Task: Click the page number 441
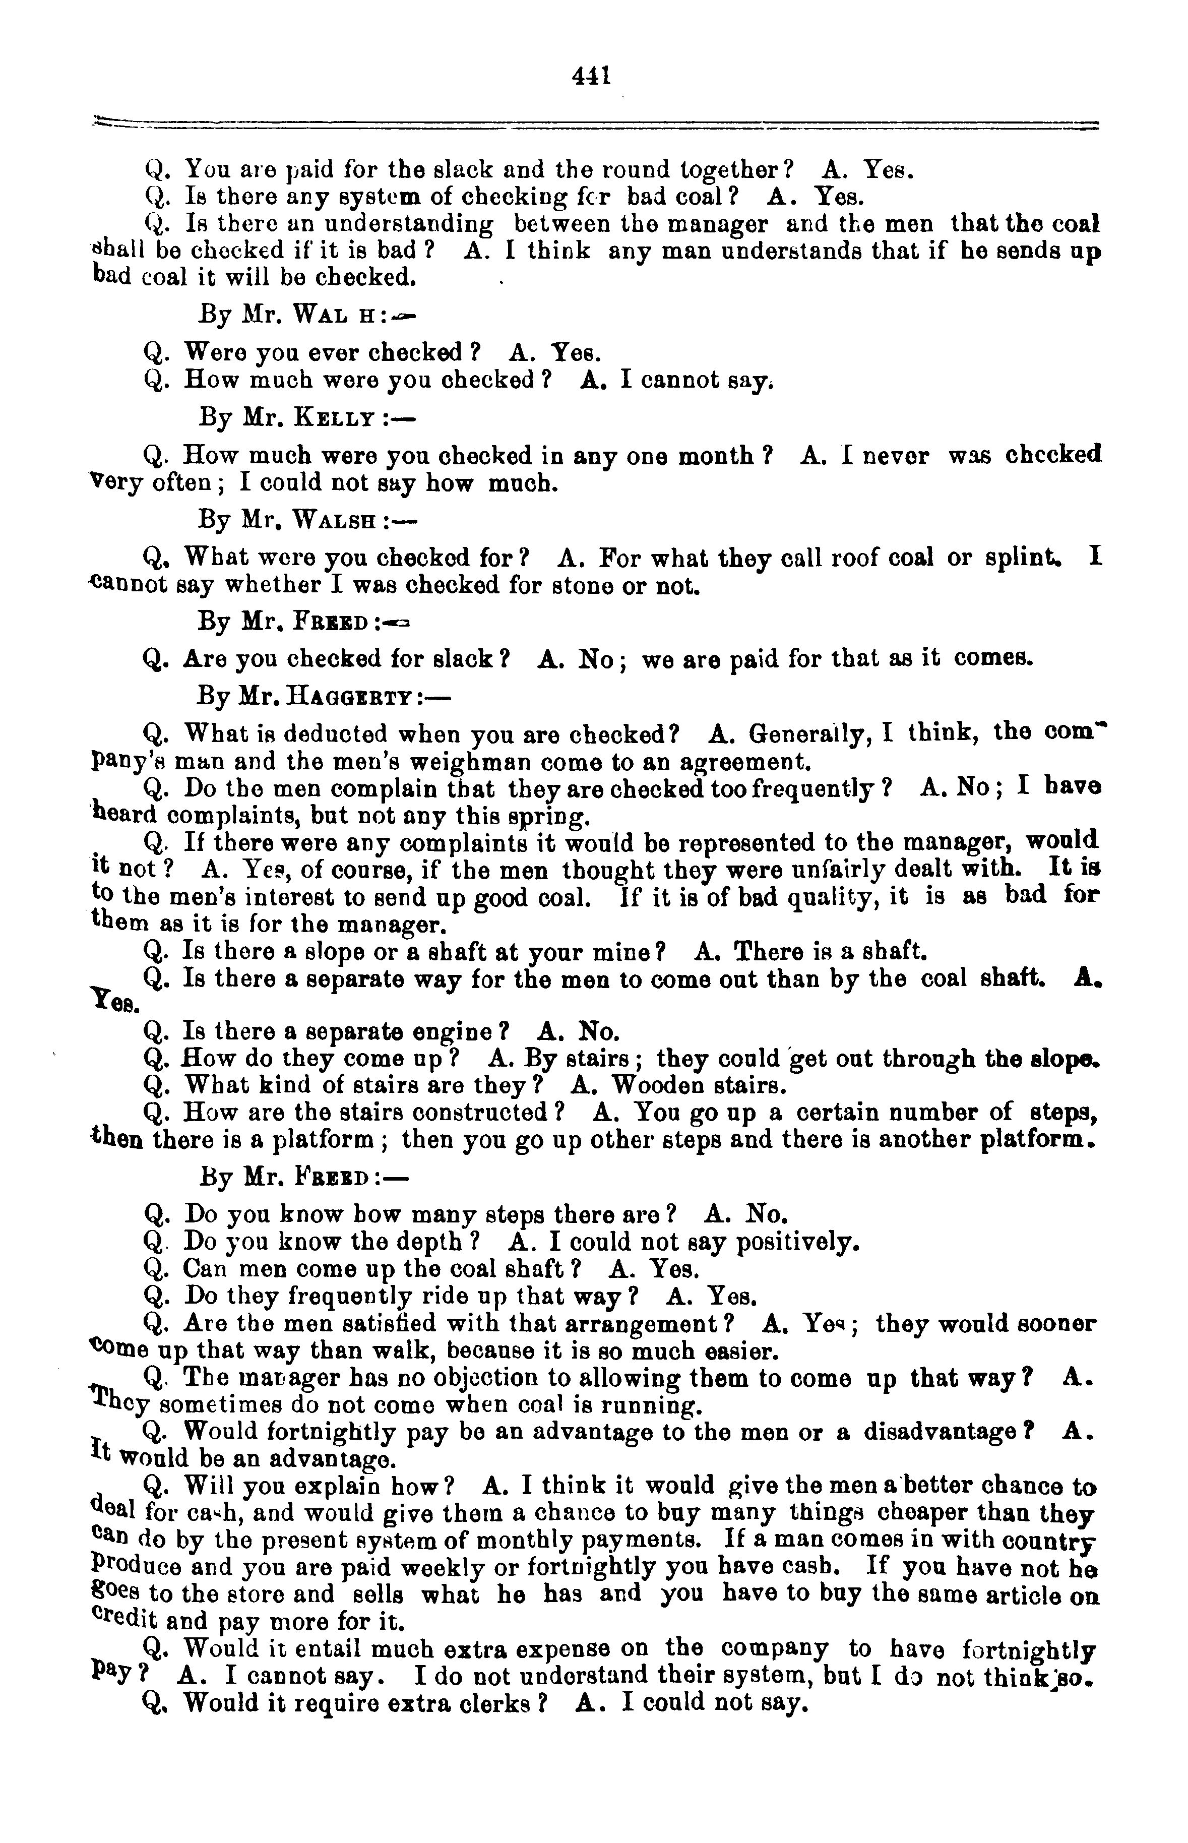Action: tap(592, 76)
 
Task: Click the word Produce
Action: tap(136, 1568)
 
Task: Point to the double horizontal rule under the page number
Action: tap(594, 122)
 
